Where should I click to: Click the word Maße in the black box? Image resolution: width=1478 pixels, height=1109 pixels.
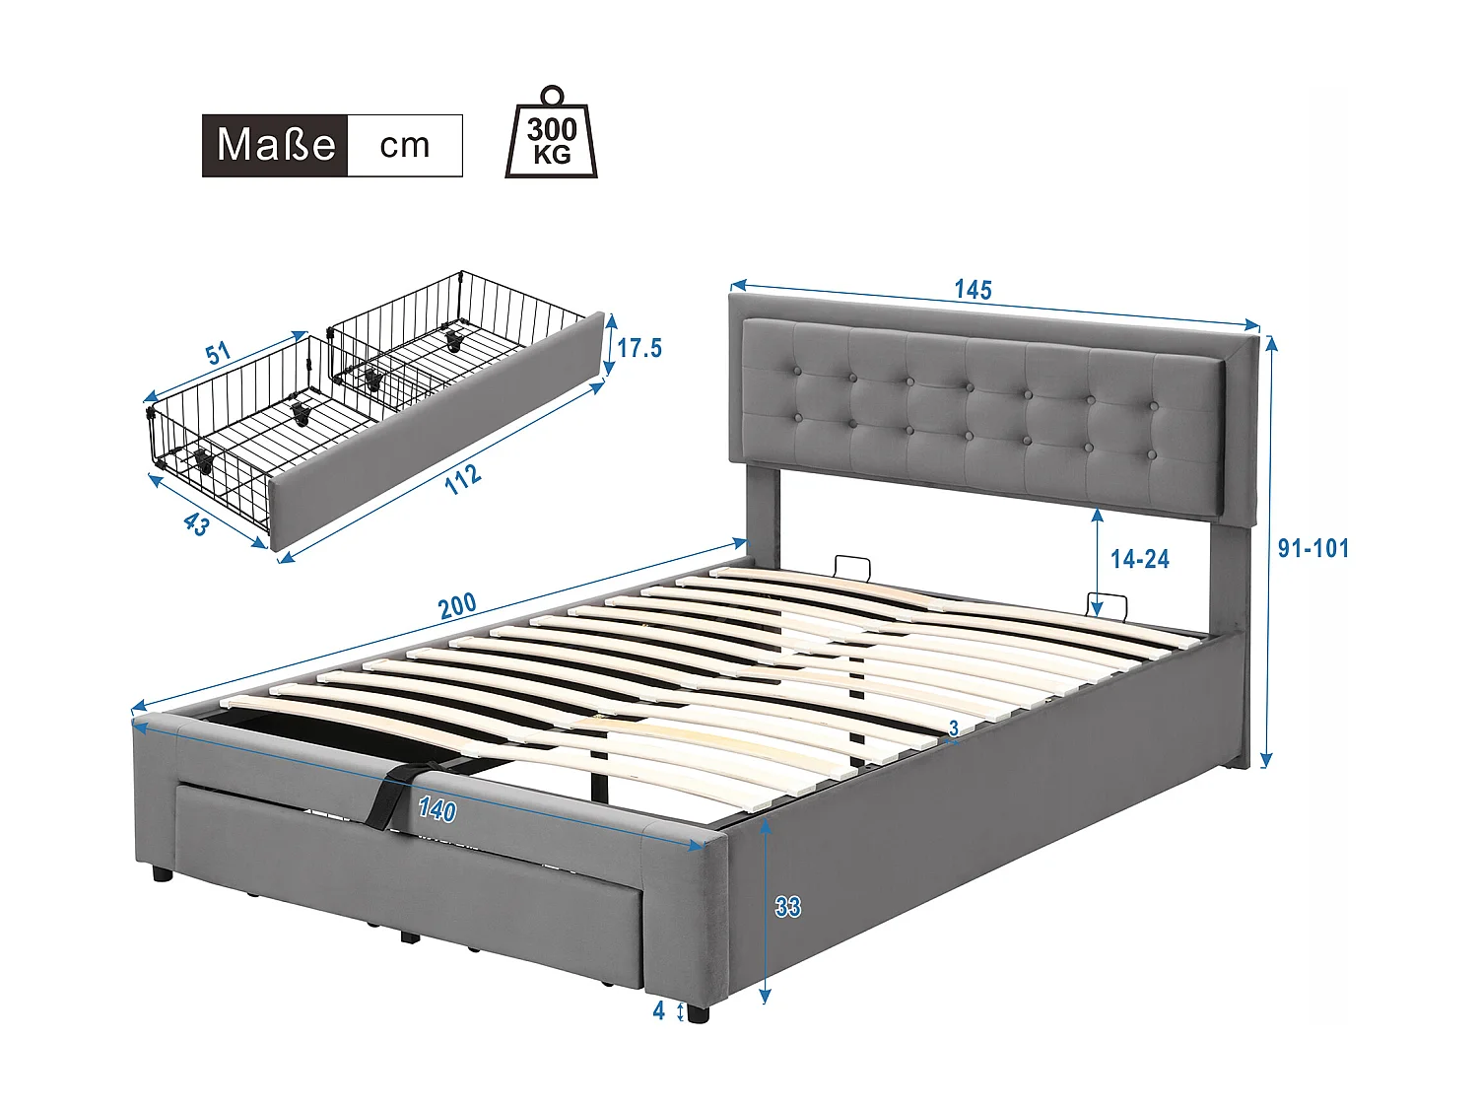click(x=275, y=145)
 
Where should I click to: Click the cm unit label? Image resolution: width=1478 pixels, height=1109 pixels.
click(x=405, y=145)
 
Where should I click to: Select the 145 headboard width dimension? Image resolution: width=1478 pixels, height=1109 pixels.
click(x=973, y=289)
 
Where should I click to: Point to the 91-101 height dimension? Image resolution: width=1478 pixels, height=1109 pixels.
click(x=1312, y=548)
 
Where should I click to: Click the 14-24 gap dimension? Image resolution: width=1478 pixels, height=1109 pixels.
click(x=1139, y=559)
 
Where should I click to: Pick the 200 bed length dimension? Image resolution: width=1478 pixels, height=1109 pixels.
click(x=457, y=605)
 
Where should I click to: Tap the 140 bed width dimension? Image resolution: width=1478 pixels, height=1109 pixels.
click(x=437, y=809)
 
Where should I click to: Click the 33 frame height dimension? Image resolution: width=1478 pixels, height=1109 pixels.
click(x=787, y=906)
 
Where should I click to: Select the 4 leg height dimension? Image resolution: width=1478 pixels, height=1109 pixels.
click(x=659, y=1010)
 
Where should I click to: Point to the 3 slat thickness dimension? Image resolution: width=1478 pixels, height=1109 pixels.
click(x=954, y=728)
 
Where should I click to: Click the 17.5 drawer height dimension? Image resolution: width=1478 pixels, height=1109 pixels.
click(x=639, y=348)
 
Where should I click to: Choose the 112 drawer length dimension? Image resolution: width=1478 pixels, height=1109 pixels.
click(x=463, y=479)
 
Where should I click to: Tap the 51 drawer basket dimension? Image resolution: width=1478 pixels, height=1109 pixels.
click(x=218, y=353)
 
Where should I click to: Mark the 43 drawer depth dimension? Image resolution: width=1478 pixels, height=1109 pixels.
click(x=196, y=524)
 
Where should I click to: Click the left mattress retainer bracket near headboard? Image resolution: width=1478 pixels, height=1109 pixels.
click(x=852, y=569)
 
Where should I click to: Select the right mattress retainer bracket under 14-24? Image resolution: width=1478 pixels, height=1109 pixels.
click(x=1108, y=603)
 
